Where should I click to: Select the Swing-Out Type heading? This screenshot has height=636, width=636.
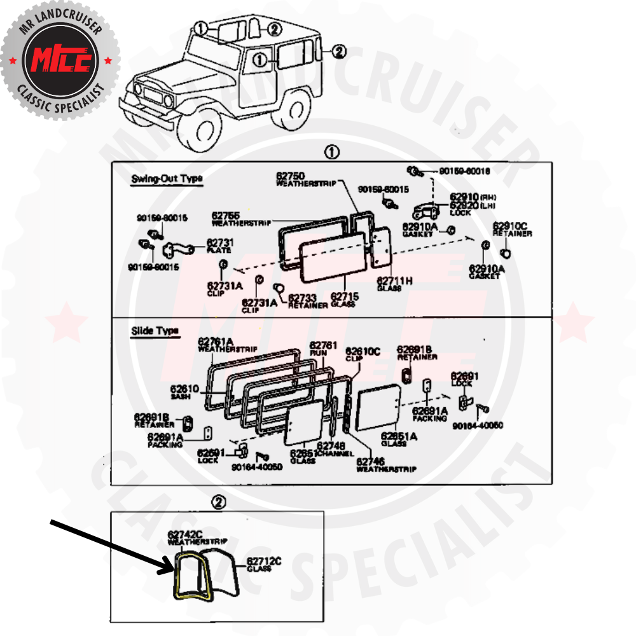(x=167, y=179)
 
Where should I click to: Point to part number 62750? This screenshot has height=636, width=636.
(x=291, y=176)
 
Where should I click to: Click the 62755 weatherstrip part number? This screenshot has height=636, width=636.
(x=226, y=216)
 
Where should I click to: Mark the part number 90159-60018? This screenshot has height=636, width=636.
(x=465, y=172)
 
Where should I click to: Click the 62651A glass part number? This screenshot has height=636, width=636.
(x=399, y=437)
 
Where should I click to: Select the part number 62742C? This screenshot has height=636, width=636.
(x=185, y=535)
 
